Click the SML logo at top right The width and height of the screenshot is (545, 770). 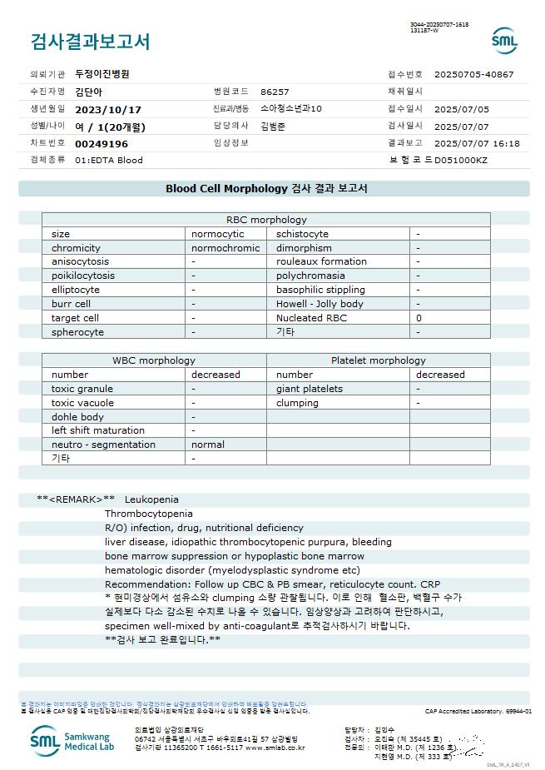coord(504,40)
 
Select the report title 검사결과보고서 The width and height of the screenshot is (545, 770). coord(91,41)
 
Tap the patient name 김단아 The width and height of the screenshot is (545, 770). coord(89,92)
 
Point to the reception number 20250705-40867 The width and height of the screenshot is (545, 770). coord(473,74)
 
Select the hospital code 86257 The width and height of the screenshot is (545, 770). coord(275,92)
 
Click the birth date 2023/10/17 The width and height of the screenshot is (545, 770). coord(108,109)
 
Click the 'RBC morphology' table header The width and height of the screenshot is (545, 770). coord(266,220)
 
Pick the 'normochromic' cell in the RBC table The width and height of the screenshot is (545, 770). coord(225,248)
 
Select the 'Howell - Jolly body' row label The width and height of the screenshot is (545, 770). coord(320,304)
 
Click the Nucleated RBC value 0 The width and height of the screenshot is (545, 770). coord(419,318)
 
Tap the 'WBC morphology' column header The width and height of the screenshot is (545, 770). coord(154,360)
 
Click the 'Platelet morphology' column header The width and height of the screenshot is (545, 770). coord(378,360)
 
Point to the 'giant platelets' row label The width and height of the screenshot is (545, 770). coord(310,389)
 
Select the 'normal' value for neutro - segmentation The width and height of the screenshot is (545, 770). coord(208,445)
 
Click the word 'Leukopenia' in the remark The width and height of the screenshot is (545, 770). coord(151,499)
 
